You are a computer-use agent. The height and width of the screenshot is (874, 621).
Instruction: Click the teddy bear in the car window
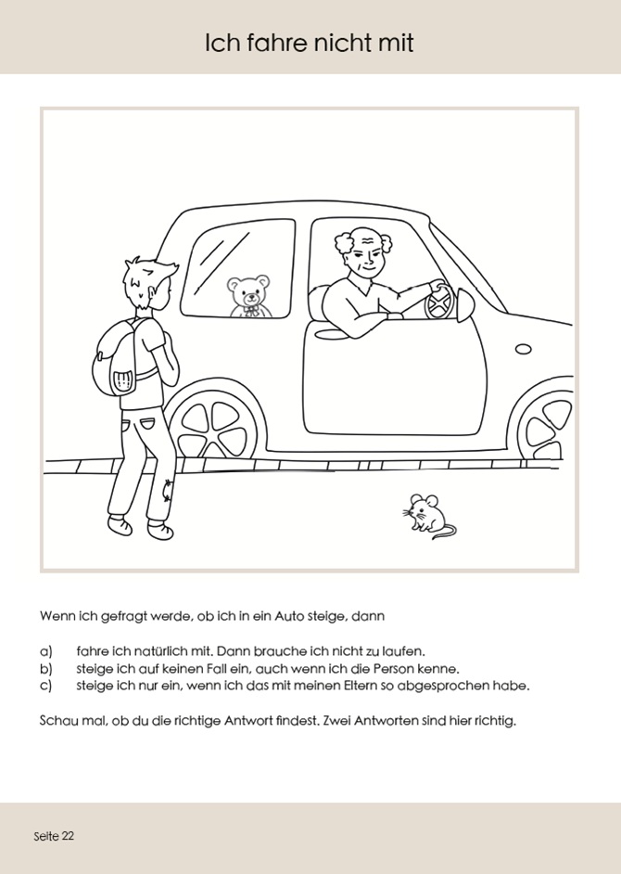click(x=248, y=296)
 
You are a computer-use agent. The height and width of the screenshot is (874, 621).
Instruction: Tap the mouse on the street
click(x=425, y=513)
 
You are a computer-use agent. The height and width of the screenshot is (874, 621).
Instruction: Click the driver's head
click(x=363, y=251)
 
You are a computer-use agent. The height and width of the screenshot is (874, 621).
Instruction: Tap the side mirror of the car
click(x=464, y=303)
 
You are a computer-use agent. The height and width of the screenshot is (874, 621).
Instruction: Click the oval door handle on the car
click(x=524, y=350)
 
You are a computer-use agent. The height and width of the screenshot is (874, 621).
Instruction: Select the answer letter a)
click(x=46, y=651)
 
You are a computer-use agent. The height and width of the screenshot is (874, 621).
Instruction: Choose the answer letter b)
click(x=46, y=668)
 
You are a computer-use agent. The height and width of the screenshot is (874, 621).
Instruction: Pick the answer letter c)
click(x=46, y=686)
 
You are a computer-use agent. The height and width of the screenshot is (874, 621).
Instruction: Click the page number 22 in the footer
click(x=68, y=836)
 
